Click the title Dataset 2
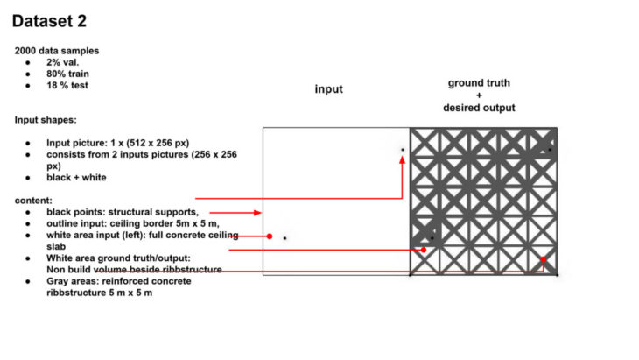pos(49,21)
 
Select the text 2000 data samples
pos(57,51)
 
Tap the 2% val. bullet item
pos(63,62)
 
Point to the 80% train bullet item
pos(67,74)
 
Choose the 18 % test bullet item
pos(67,85)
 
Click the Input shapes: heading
pos(46,120)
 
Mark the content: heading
pos(33,201)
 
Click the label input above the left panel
pos(329,89)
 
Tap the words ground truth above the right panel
pos(479,83)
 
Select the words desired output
pos(479,108)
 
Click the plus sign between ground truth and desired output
pos(479,95)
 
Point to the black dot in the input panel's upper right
pos(403,150)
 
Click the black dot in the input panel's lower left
pos(284,238)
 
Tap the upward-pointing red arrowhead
pos(403,159)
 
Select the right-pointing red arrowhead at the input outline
pos(257,213)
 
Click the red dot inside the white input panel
pos(270,236)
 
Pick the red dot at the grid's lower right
pos(544,259)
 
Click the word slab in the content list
pos(56,247)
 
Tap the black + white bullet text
pos(76,178)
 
